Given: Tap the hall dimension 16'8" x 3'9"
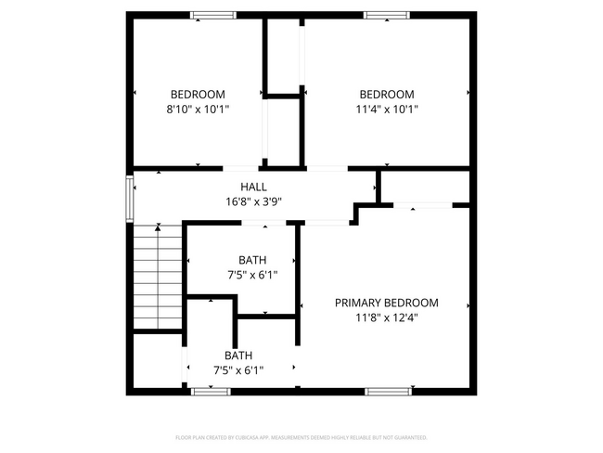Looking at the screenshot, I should (253, 201).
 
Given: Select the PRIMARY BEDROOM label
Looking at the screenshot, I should (386, 303).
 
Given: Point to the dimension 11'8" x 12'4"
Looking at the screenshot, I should (386, 317).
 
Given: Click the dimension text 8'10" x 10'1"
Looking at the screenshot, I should (198, 109).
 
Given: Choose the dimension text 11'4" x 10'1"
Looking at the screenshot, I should (386, 109).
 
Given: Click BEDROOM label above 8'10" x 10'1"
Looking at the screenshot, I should (198, 94).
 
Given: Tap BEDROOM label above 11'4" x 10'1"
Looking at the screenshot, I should (386, 94).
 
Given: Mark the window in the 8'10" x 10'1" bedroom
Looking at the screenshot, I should (212, 15).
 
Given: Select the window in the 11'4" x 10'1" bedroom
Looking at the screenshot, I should (386, 15).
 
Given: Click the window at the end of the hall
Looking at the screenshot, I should (129, 197).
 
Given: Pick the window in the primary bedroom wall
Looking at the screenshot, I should (387, 392).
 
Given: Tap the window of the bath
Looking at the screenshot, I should (211, 392).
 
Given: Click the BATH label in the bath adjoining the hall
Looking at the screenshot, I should (252, 260).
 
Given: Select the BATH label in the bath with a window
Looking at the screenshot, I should (238, 356).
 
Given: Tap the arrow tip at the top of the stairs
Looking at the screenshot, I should (159, 226).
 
